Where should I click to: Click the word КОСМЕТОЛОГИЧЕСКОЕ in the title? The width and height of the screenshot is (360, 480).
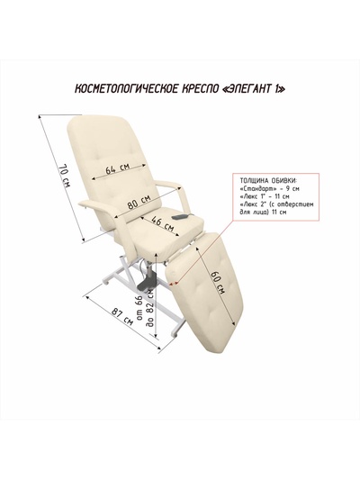126,89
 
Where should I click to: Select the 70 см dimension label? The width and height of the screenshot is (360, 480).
65,177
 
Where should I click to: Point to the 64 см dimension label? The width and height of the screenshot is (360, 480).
118,168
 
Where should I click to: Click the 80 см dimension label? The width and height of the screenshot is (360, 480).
139,202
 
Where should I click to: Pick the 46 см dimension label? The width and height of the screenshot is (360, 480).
163,224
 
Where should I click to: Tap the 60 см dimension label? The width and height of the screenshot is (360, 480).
219,283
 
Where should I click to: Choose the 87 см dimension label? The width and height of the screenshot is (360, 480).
122,317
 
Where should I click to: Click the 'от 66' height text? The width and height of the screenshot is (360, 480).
139,309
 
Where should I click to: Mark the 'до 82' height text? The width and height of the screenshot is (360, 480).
150,308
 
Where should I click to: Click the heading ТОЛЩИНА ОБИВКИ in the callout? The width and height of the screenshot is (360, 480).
268,180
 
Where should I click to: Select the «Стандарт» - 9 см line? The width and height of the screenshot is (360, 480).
270,188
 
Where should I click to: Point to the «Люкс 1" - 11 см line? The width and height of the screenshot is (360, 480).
265,196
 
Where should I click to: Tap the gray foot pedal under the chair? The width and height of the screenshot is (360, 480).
147,284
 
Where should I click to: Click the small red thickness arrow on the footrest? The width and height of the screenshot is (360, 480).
174,284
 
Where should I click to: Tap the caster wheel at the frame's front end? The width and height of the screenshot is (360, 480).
175,336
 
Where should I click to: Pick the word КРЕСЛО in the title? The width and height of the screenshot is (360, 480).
200,89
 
